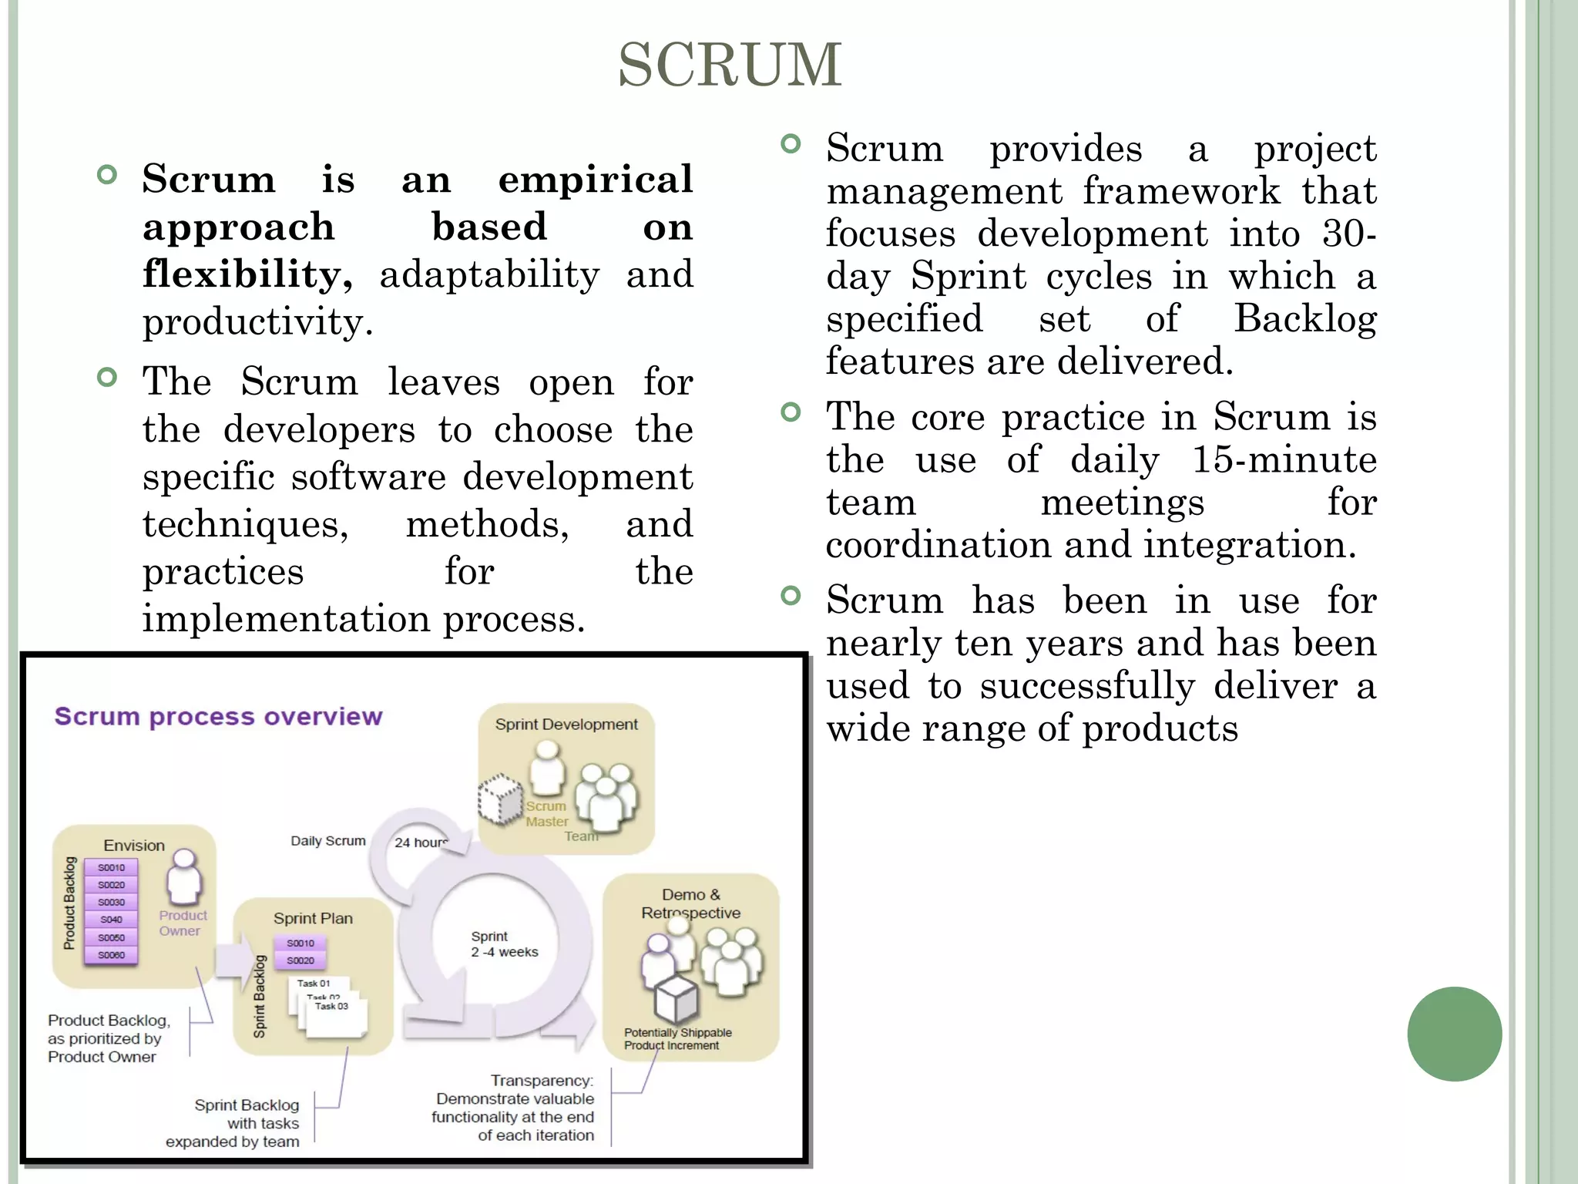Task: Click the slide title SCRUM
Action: tap(730, 65)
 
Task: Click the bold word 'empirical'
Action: tap(595, 179)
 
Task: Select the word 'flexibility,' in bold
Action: tap(247, 274)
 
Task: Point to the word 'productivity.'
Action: tap(257, 322)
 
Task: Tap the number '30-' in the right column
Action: tap(1348, 234)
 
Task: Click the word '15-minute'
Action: tap(1284, 459)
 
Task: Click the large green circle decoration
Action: tap(1454, 1034)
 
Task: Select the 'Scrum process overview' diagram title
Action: tap(218, 716)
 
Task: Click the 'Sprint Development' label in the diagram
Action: tap(566, 725)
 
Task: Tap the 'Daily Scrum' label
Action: tap(327, 841)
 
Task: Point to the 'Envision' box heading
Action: tap(134, 846)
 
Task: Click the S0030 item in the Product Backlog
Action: tap(111, 902)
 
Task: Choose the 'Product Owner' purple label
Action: tap(183, 923)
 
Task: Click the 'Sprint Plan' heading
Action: tap(313, 918)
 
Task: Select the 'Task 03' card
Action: tap(332, 1007)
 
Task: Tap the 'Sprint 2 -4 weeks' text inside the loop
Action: tap(504, 944)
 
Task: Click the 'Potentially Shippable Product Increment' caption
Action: tap(677, 1039)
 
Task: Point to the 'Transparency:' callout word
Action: tap(542, 1081)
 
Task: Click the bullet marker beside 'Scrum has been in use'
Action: tap(791, 595)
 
